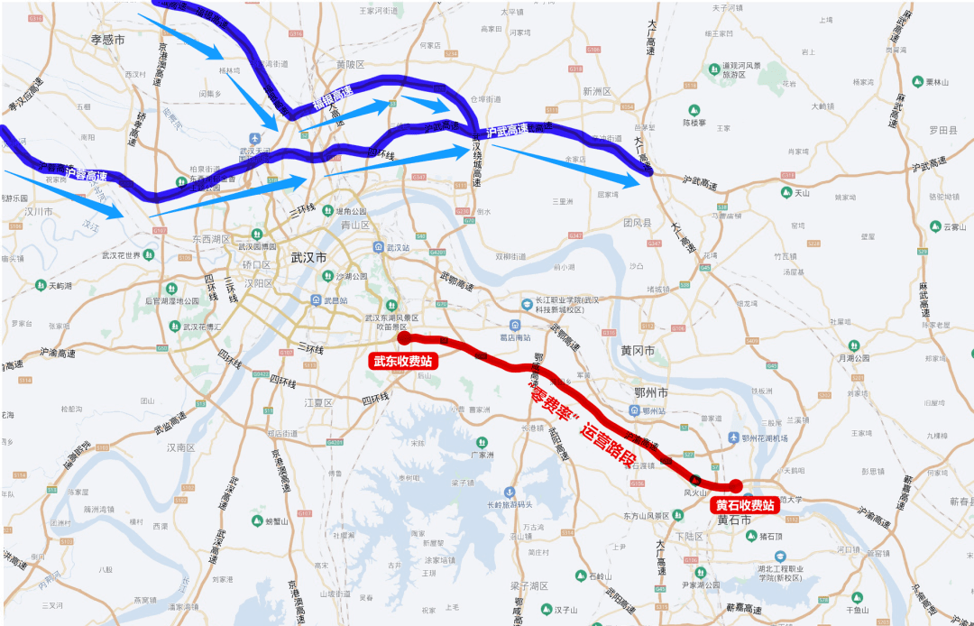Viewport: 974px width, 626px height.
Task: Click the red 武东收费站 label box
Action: tap(402, 362)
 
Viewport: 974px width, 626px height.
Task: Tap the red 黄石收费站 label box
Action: tap(745, 505)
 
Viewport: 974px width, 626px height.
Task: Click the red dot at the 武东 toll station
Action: tap(404, 338)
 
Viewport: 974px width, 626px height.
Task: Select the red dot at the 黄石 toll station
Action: tap(736, 486)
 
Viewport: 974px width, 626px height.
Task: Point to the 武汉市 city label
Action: tap(308, 257)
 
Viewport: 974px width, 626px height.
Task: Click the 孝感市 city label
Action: tap(107, 40)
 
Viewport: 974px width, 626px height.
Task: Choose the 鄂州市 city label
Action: tap(649, 393)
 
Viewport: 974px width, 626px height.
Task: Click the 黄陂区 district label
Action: tap(349, 64)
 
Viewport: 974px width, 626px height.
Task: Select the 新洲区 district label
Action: tap(596, 91)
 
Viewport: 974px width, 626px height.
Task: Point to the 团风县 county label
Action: tap(637, 222)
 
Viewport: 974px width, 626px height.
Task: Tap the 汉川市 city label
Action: tap(37, 212)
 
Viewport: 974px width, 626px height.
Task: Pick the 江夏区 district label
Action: tap(319, 402)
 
